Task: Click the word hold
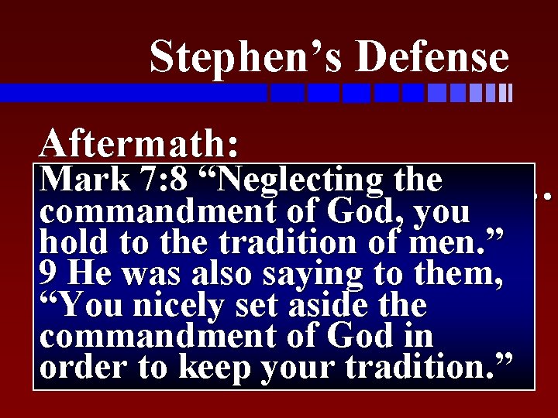pos(74,244)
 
